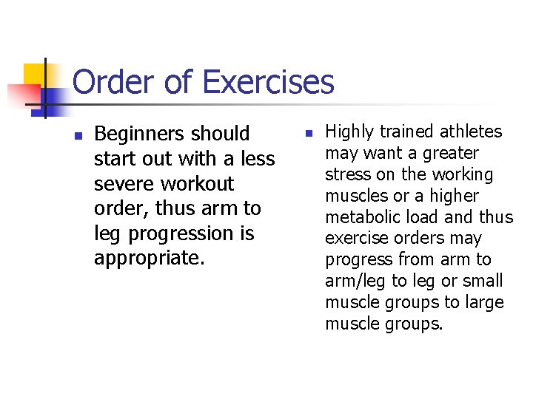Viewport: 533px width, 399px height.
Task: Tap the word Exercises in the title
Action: pyautogui.click(x=269, y=82)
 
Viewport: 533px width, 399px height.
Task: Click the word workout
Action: pyautogui.click(x=200, y=183)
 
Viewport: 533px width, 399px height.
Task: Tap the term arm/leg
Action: pyautogui.click(x=354, y=282)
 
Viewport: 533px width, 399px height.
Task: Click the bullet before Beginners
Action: pyautogui.click(x=78, y=135)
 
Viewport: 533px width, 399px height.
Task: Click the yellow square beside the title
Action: pyautogui.click(x=35, y=75)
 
